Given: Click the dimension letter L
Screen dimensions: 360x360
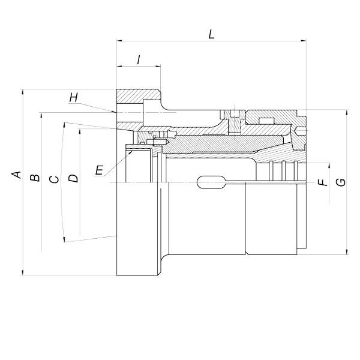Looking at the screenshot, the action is (x=211, y=34).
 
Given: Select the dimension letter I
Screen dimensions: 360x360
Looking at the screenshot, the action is (x=139, y=60).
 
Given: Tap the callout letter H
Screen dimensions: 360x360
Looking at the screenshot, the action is (x=73, y=98).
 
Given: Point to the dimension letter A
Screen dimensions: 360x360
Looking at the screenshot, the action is (x=17, y=175).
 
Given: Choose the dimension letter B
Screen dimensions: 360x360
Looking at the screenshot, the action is (x=35, y=178).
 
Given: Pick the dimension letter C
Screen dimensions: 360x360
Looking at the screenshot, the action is (x=54, y=179).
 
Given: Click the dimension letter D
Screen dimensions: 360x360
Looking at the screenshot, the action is (x=73, y=178).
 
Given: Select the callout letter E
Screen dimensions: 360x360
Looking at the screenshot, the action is (x=99, y=170).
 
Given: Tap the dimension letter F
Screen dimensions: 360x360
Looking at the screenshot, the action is (x=323, y=182).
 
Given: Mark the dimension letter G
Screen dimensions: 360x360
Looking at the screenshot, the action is (x=341, y=182).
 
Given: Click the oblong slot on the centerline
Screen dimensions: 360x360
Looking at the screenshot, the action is (x=211, y=182).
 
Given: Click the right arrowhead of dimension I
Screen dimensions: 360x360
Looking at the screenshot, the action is (x=158, y=67).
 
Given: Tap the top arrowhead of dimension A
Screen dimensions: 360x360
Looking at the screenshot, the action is (x=23, y=92).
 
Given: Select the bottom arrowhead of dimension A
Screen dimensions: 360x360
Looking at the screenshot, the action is (x=23, y=272).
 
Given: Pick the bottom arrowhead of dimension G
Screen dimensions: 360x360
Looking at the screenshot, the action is (x=347, y=252).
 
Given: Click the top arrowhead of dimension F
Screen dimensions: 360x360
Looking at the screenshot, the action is (x=329, y=166).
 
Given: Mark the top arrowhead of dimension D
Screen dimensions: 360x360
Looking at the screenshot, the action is (x=80, y=131).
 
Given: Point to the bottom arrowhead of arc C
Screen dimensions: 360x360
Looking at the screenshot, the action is (x=64, y=239).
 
